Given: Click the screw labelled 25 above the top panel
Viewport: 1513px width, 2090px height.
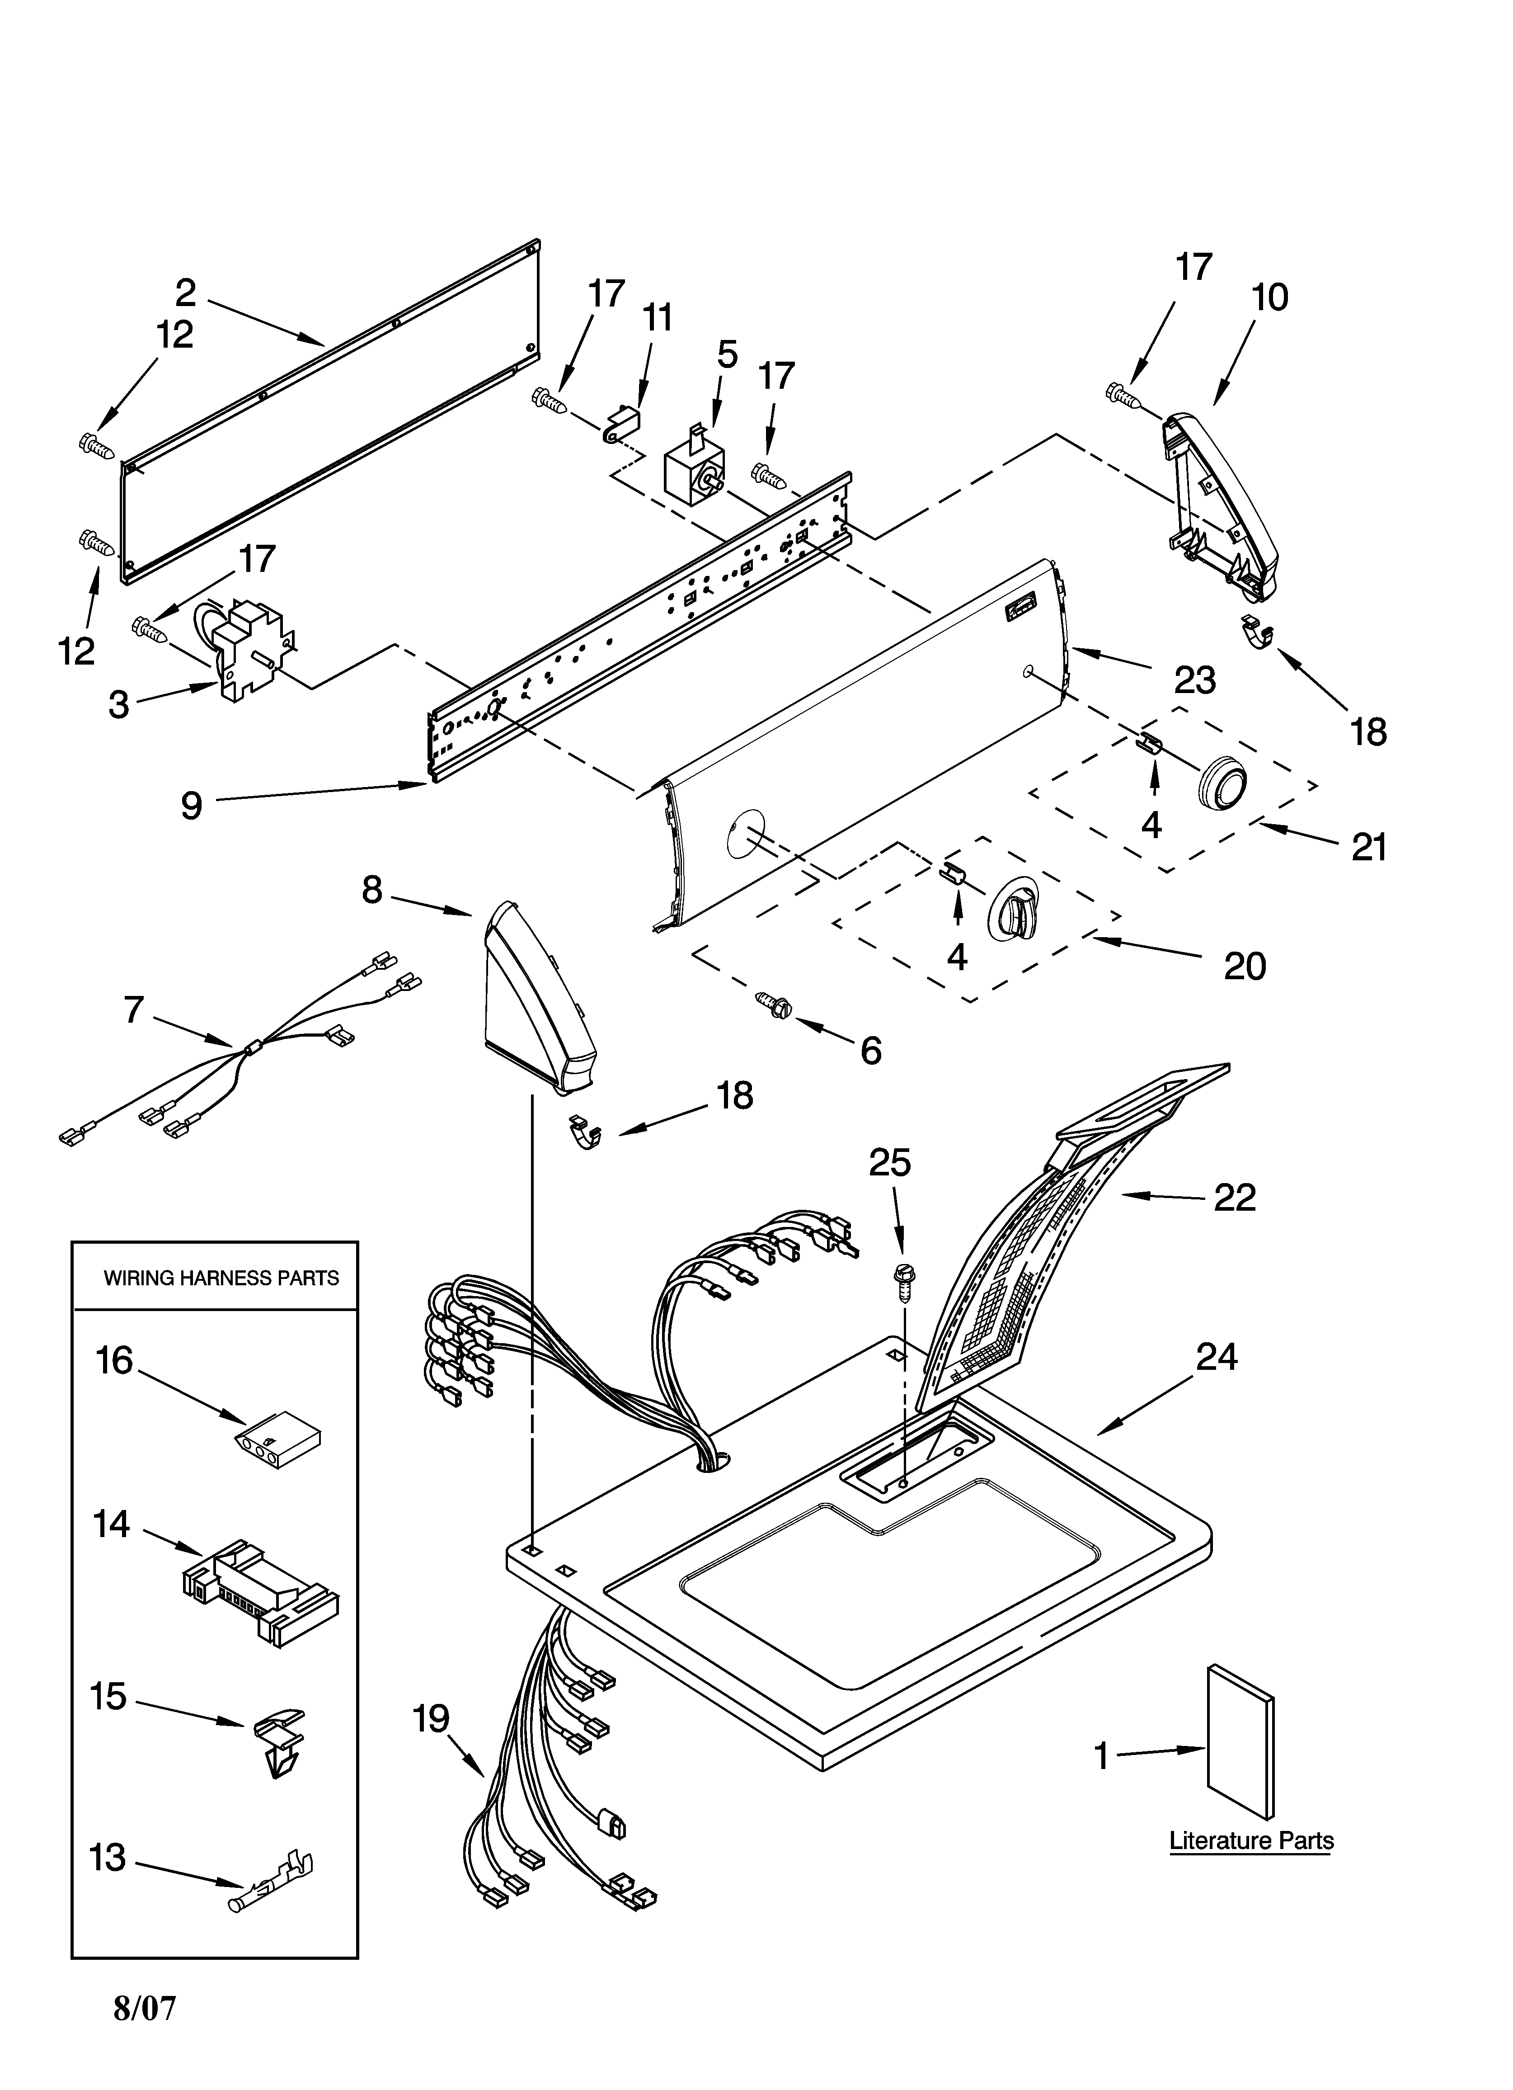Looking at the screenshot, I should click(903, 1283).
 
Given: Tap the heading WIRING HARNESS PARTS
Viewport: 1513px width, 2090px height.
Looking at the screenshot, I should click(221, 1278).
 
